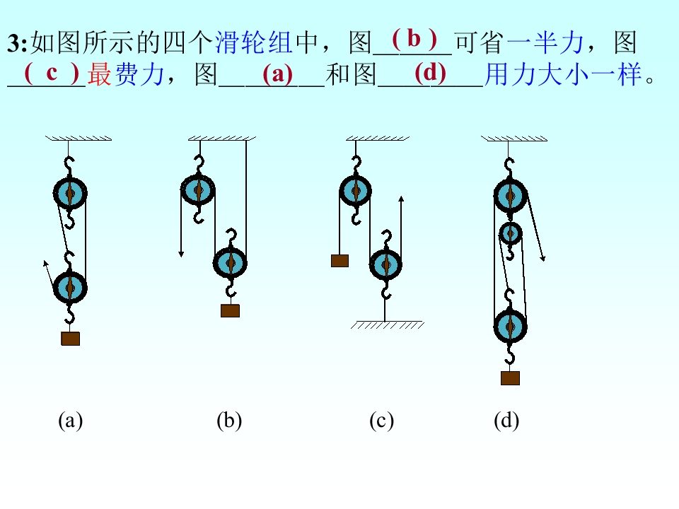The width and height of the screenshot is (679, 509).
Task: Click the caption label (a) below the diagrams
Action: click(70, 421)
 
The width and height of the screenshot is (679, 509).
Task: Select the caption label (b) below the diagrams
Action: click(229, 421)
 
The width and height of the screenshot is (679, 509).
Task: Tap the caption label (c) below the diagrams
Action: click(381, 421)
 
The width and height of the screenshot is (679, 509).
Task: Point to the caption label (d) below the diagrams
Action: click(506, 421)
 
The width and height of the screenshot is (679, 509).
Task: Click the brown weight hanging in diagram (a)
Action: click(70, 339)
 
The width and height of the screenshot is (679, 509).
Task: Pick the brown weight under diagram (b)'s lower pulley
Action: click(230, 310)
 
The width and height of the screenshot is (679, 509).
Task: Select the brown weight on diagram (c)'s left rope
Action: click(339, 260)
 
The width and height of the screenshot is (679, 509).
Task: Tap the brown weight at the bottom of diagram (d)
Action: click(510, 378)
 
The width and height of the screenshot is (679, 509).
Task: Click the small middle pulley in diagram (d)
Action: click(509, 232)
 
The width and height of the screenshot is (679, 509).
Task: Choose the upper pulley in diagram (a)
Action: click(70, 192)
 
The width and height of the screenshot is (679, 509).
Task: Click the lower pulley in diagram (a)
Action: click(70, 286)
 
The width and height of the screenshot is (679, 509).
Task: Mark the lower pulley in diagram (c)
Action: click(386, 264)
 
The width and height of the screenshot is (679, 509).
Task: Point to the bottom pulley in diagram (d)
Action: click(510, 325)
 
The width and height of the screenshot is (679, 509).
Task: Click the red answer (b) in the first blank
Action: click(414, 37)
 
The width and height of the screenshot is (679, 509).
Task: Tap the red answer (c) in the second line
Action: click(52, 72)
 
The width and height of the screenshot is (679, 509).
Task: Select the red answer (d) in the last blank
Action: click(431, 72)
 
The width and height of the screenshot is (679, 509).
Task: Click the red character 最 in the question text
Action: click(100, 75)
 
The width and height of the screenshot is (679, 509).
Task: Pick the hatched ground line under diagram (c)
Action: click(387, 325)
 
